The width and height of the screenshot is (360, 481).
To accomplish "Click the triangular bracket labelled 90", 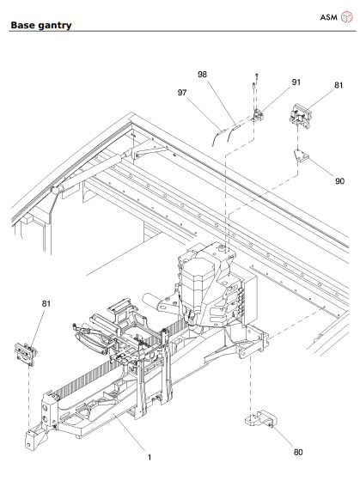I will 302,156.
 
